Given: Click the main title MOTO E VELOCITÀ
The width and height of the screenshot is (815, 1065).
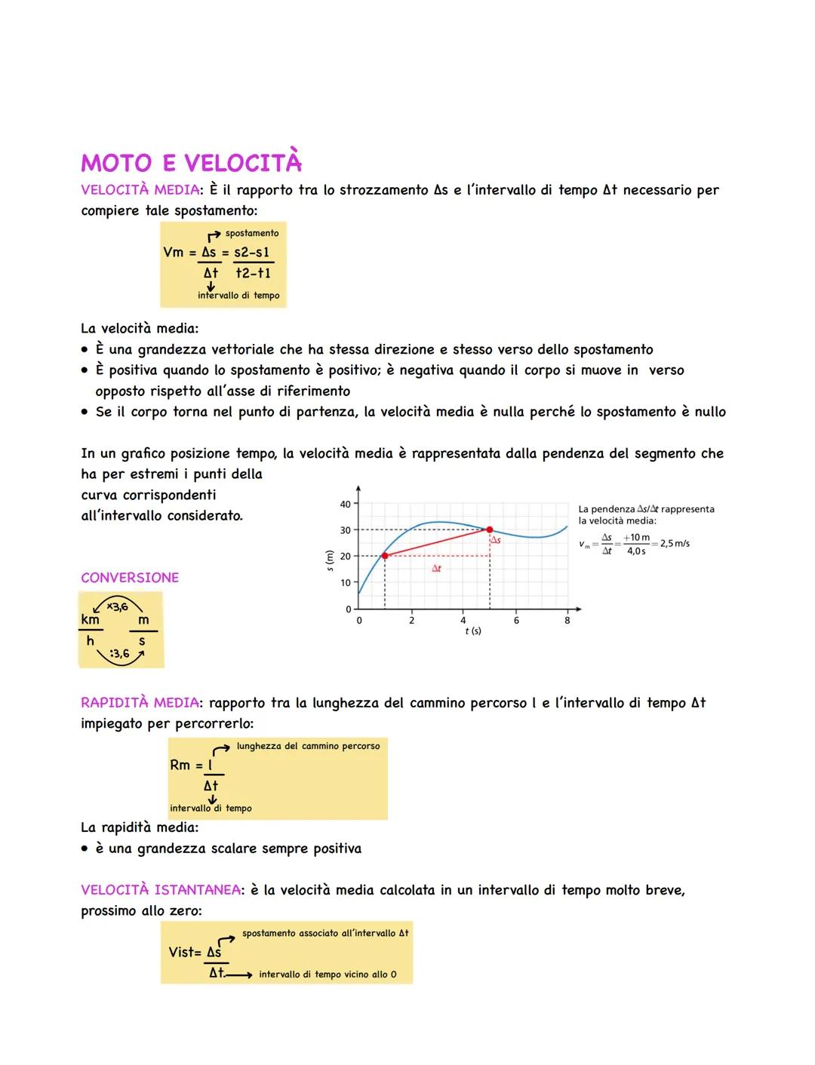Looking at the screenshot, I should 191,163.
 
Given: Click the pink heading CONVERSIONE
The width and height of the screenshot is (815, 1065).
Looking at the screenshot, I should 130,578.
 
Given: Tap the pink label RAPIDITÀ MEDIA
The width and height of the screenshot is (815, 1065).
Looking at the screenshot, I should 140,703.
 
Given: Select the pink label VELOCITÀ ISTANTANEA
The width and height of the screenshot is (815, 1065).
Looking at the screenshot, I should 160,890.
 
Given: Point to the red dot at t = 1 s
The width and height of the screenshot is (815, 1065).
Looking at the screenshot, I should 385,556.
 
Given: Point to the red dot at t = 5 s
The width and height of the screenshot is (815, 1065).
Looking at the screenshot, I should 490,529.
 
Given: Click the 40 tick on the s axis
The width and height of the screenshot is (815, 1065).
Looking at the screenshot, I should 345,504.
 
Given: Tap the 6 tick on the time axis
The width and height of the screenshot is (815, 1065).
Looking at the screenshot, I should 516,621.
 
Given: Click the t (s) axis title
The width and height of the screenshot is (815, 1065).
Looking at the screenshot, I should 473,631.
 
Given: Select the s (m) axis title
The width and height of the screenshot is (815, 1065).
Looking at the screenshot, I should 328,559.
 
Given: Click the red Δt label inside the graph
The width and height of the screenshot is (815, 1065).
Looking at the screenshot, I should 436,569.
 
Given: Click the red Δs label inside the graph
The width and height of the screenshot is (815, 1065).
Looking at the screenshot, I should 496,541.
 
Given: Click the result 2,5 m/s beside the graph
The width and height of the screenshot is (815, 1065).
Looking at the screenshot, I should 674,543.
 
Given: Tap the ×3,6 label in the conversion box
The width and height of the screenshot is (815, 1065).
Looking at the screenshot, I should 117,606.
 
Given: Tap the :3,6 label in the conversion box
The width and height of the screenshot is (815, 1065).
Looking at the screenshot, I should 119,654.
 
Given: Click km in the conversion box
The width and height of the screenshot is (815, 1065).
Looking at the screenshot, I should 91,619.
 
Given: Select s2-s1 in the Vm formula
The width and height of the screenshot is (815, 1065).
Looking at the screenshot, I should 251,253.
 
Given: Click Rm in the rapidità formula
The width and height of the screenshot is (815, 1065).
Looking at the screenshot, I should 180,765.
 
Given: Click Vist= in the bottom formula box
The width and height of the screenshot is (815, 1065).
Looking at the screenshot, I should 185,952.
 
